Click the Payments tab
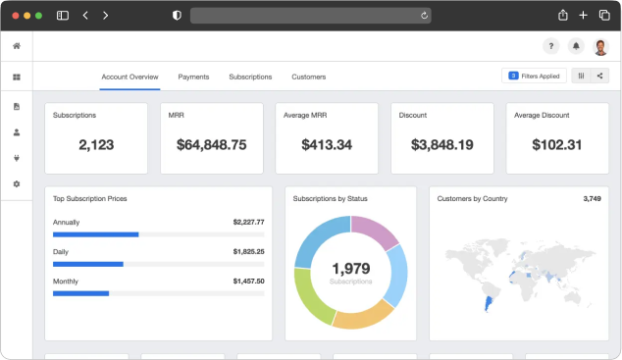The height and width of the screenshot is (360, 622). click(193, 77)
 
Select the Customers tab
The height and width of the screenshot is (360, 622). click(309, 77)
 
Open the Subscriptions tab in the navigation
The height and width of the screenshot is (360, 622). click(250, 77)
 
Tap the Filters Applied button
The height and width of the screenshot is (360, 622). click(534, 76)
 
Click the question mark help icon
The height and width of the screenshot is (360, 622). click(551, 46)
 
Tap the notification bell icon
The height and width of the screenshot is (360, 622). click(576, 46)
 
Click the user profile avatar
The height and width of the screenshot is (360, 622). click(601, 47)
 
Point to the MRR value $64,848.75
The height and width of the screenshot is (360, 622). click(212, 145)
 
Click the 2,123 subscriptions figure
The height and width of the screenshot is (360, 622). click(96, 145)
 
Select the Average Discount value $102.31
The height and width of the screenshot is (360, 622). click(557, 145)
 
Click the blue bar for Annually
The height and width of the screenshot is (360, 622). click(95, 234)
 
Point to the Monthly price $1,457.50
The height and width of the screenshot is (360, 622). click(249, 282)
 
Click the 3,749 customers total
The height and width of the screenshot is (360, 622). click(592, 198)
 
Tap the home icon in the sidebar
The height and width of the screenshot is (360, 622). click(17, 46)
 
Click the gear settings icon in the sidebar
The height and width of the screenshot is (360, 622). click(17, 184)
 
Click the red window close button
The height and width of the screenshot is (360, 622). click(16, 16)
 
